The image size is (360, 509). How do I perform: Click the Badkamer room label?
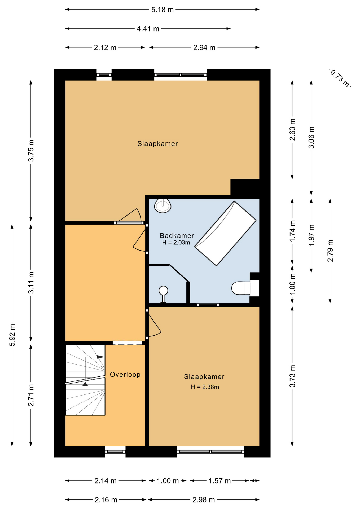tap(177, 235)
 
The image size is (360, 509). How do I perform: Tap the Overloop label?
tap(125, 374)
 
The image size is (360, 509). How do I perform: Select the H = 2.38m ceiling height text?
tap(205, 387)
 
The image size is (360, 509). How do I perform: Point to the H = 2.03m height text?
tap(176, 243)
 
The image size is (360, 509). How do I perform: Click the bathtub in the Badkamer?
tap(226, 233)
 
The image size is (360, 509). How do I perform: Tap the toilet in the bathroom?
tap(241, 288)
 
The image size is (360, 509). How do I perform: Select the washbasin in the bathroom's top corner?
tap(163, 206)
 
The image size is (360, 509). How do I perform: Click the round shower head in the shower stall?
tap(163, 291)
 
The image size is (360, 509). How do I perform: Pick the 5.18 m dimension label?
tap(163, 10)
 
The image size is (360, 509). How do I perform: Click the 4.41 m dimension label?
tap(148, 29)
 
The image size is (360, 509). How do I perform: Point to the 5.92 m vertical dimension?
tap(12, 335)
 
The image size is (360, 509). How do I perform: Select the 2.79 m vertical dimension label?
tap(330, 251)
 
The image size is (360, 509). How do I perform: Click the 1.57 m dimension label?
tap(220, 481)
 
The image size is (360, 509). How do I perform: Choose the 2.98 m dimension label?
tap(204, 500)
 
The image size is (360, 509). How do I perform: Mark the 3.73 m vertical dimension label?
tap(292, 376)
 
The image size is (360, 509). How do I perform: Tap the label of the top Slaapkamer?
tap(157, 144)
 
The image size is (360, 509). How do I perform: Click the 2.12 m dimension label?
tap(105, 48)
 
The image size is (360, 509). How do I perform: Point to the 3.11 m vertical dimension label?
tap(31, 283)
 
